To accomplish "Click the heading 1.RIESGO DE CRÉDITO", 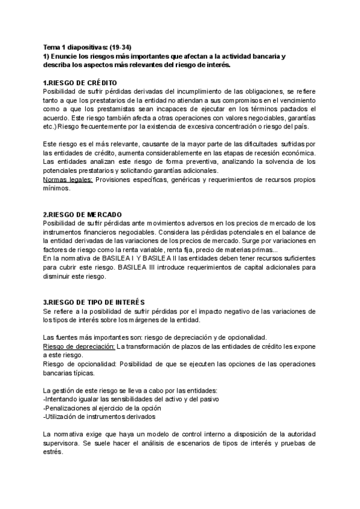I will click(80, 82).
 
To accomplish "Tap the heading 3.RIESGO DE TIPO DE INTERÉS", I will click(94, 301).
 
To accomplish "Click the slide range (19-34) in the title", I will click(131, 47).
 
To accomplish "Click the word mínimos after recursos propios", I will click(57, 188).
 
